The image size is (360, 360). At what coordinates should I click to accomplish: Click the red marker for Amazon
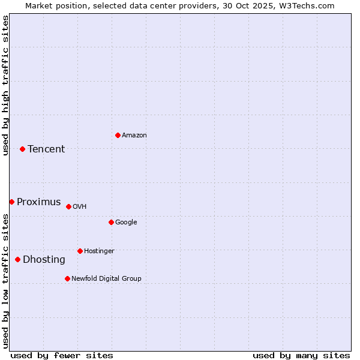click(118, 135)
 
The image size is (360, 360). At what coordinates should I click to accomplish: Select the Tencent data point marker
click(22, 149)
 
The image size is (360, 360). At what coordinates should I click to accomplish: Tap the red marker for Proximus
click(11, 202)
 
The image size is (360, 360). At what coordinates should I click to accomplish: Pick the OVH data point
click(68, 206)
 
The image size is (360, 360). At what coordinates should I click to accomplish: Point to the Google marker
click(111, 222)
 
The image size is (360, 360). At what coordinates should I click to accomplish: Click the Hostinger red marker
click(80, 251)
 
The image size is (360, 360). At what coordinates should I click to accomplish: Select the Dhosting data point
click(17, 259)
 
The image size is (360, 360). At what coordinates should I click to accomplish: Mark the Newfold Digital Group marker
click(67, 278)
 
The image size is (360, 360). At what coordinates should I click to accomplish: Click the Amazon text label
click(134, 136)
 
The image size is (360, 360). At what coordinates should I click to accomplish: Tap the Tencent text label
click(46, 149)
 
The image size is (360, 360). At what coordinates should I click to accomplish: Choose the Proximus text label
click(39, 202)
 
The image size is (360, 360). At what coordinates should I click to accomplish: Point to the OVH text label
click(80, 207)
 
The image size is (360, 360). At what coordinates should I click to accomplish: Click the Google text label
click(126, 223)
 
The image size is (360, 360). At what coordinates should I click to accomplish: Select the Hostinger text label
click(99, 251)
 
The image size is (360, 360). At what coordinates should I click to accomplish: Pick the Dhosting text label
click(44, 260)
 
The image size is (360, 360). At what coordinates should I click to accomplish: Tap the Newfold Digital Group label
click(106, 279)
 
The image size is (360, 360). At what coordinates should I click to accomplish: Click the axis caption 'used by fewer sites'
click(62, 355)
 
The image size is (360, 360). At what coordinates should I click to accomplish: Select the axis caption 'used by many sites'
click(301, 355)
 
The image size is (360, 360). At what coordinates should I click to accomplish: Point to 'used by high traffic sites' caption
click(5, 85)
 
